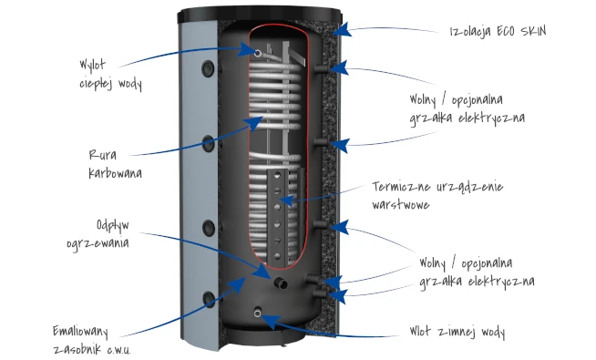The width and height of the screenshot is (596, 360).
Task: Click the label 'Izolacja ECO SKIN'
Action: [498, 31]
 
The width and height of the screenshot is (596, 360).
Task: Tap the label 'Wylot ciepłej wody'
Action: [110, 75]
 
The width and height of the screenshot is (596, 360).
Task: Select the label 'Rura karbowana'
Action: [115, 164]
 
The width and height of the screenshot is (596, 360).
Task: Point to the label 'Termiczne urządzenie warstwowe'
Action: [437, 195]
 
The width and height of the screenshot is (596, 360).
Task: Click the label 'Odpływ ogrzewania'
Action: [98, 234]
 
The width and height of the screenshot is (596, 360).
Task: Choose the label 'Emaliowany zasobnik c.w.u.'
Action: [92, 340]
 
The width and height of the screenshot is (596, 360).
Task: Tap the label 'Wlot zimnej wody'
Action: [457, 332]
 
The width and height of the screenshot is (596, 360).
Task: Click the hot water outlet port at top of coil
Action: [258, 53]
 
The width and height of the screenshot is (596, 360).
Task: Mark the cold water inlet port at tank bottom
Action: [258, 313]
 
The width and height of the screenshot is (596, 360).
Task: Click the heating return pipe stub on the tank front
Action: [281, 283]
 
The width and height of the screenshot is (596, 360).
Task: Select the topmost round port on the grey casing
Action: [208, 68]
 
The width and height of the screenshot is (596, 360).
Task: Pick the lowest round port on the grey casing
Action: [209, 299]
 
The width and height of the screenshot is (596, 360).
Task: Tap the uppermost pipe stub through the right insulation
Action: [322, 68]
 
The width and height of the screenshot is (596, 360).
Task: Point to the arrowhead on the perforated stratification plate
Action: [286, 200]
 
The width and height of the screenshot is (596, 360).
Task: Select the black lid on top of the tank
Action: [260, 15]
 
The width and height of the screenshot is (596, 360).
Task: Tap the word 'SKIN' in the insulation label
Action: [534, 31]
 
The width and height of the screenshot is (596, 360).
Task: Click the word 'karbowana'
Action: [115, 173]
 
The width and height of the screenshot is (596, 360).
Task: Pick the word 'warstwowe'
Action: [401, 204]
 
